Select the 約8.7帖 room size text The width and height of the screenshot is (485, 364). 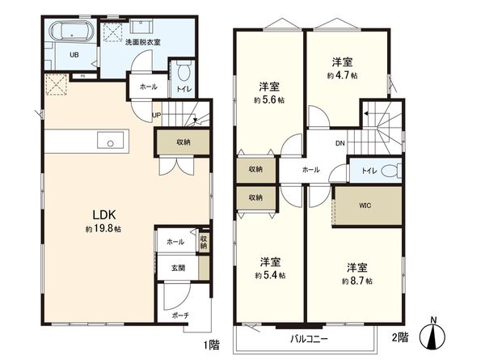pyautogui.click(x=356, y=281)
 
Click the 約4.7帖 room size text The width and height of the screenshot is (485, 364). pyautogui.click(x=343, y=75)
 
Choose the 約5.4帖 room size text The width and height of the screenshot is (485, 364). pyautogui.click(x=270, y=275)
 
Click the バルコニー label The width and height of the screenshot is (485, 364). pyautogui.click(x=309, y=340)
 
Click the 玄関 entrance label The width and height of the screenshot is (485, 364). pyautogui.click(x=176, y=266)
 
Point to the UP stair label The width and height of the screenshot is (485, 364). pyautogui.click(x=157, y=116)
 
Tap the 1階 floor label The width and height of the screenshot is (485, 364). pyautogui.click(x=212, y=345)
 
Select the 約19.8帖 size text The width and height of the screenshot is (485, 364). pyautogui.click(x=102, y=230)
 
